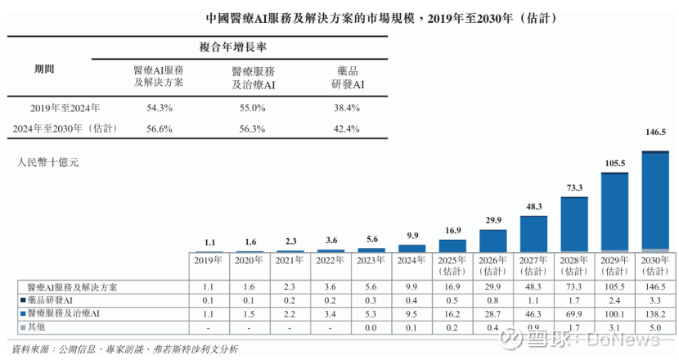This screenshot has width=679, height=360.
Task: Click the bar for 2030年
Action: coord(654,200)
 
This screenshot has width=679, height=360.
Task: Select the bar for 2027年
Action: coord(533,233)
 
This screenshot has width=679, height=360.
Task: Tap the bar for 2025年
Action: coord(452,245)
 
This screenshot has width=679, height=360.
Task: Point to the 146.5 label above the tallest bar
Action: coord(654,131)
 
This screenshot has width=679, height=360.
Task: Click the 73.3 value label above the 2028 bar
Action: coord(574,187)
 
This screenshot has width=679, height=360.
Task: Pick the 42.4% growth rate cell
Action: coord(347,128)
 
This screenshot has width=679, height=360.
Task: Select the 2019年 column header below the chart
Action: coord(209,261)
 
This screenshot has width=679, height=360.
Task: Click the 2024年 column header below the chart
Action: coord(411,261)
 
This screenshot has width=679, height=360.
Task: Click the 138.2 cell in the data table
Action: coord(654,313)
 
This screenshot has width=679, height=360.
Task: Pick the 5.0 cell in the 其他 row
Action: coord(654,326)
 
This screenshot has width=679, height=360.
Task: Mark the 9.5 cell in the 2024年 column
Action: coord(411,313)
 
